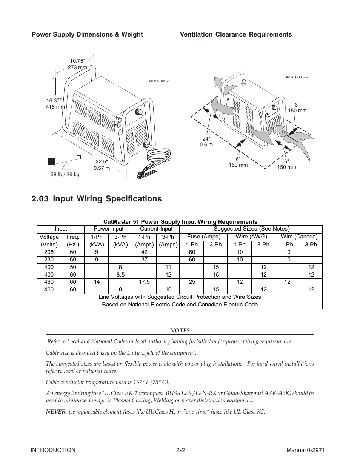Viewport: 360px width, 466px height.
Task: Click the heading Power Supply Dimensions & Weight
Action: point(87,34)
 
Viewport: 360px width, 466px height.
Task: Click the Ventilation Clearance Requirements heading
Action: point(235,34)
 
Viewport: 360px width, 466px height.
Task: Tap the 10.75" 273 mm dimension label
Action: point(77,64)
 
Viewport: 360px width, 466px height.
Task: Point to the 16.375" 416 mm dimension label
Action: point(55,104)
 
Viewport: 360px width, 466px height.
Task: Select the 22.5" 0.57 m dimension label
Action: point(102,165)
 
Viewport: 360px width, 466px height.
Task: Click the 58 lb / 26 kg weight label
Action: point(65,175)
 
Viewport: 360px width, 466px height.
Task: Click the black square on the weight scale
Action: point(52,161)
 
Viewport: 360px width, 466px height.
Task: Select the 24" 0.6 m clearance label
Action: point(206,141)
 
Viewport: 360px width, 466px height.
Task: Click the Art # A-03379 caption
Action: point(297,77)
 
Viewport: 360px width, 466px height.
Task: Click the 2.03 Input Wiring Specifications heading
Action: point(97,199)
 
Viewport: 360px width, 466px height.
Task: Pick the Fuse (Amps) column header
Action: point(204,237)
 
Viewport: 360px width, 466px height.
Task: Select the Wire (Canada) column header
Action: point(299,237)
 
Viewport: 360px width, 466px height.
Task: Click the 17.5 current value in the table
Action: point(144,282)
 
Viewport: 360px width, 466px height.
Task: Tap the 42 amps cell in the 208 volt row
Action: point(144,252)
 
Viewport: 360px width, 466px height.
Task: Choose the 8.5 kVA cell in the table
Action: point(120,275)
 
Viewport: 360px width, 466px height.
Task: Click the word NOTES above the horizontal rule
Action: point(180,331)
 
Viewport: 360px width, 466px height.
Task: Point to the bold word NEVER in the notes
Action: point(55,412)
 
